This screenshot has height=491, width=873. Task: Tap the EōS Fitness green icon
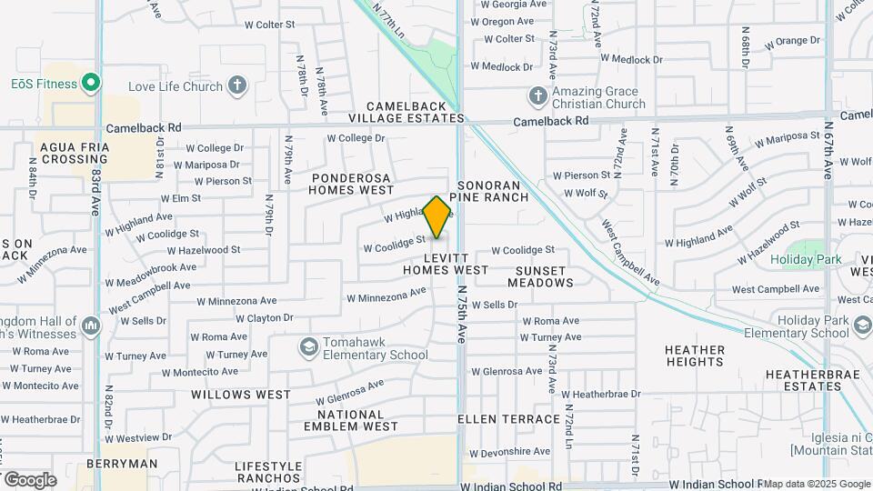coord(90,84)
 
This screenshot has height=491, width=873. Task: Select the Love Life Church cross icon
coord(237,86)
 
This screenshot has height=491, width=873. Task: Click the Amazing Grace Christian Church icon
coord(537,95)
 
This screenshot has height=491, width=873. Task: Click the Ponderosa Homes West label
coord(351,185)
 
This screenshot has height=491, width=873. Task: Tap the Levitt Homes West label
coord(446,264)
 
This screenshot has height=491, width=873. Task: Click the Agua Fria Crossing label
coord(75,153)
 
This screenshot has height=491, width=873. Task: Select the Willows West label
coord(241,395)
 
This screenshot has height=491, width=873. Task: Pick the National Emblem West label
coord(351,420)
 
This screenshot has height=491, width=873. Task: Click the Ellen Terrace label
coord(508,419)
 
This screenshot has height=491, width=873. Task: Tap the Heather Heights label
coord(695,356)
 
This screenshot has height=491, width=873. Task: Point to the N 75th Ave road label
coord(462,314)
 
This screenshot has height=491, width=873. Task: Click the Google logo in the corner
coord(30,479)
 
